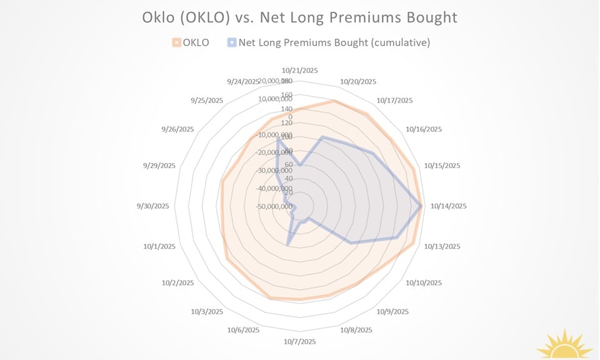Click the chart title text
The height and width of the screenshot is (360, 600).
pos(299,17)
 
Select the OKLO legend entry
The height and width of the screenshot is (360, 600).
pos(191,42)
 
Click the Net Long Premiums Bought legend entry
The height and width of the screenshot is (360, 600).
pos(329,42)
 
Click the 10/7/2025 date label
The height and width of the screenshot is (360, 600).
pos(299,342)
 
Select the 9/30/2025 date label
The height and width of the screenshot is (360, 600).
pos(153,206)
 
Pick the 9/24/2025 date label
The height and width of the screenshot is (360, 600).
pos(243,81)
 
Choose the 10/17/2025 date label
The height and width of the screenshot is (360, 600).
pos(395,101)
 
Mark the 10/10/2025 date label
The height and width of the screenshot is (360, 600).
pos(424,283)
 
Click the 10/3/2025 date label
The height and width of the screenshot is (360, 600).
pos(207,311)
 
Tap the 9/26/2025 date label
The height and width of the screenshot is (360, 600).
pos(177,129)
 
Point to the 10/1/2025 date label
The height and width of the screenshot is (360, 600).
pos(159,246)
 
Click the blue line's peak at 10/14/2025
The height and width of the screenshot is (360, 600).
pos(421,205)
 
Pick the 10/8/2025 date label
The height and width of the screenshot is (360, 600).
pos(356,330)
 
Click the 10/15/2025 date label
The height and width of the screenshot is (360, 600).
pos(442,166)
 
